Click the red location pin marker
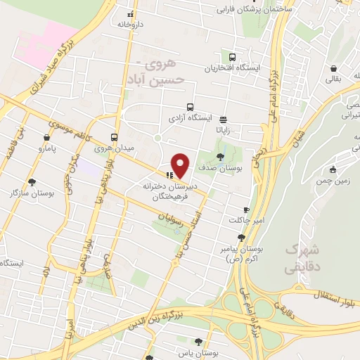181,165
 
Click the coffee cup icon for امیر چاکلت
246,210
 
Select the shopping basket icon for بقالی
331,69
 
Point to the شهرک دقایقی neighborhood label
303,258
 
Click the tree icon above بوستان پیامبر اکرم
242,238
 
